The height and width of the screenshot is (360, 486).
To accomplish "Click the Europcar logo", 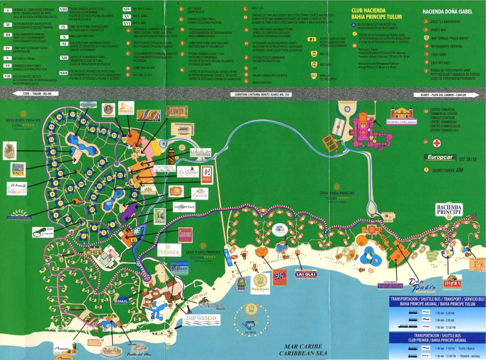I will point(440,157).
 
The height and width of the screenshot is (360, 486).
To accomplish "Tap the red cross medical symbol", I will point(437,143).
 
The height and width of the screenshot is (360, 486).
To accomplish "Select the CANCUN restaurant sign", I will point(177,111).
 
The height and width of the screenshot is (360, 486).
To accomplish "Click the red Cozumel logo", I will point(185,235).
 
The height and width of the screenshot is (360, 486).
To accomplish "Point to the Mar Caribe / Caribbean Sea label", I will point(303,350).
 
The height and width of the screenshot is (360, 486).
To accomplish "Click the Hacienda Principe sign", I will point(449,210).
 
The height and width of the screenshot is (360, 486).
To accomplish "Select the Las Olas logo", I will point(306,274).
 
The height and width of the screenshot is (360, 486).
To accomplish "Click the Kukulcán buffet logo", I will point(201,152).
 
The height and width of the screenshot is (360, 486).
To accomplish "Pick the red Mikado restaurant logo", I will point(206,175).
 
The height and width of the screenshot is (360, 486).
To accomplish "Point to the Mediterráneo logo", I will point(184,207).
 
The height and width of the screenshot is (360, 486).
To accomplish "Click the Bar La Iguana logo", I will point(43,232).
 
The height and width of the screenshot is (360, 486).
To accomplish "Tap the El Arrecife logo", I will point(17,189).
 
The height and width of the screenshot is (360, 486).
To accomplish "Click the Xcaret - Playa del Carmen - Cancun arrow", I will point(446,95).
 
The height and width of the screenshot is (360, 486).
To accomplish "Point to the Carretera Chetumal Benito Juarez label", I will point(262,94).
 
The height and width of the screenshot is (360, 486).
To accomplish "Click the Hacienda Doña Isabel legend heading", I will point(447,12).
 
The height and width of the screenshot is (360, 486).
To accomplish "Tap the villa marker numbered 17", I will point(73,114).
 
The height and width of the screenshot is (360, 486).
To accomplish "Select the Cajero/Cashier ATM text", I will point(447,170).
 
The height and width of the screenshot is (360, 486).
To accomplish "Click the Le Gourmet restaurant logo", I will point(188,172).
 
